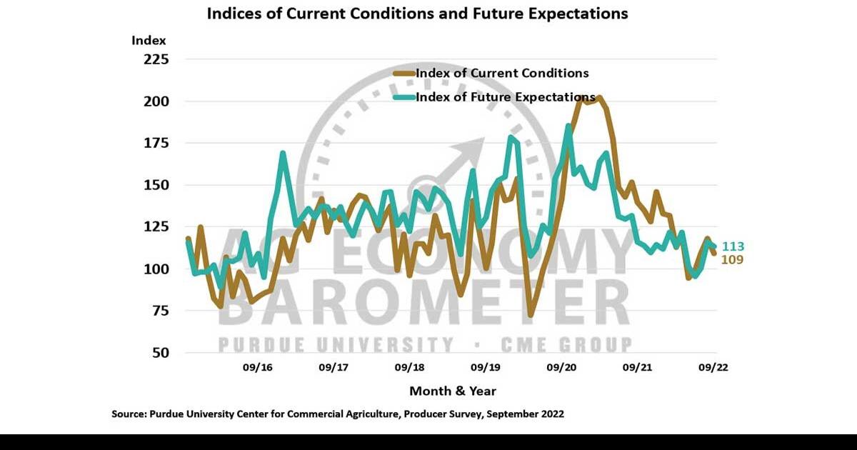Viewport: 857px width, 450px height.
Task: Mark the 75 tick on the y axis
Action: pos(158,311)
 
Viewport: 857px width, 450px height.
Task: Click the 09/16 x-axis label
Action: pos(258,368)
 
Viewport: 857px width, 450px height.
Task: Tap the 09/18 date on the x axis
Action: pos(409,368)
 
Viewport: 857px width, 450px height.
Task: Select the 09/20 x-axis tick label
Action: pos(561,368)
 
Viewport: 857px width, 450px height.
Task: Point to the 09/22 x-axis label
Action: pos(713,368)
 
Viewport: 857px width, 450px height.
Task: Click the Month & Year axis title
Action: pos(452,391)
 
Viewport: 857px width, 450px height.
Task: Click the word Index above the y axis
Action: pos(149,40)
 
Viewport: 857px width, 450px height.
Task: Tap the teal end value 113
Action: pos(732,246)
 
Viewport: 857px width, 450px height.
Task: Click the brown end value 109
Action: pos(732,260)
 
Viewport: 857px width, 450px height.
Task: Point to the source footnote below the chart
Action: pos(338,414)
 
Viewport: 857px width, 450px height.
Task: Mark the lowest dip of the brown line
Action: pos(531,314)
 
